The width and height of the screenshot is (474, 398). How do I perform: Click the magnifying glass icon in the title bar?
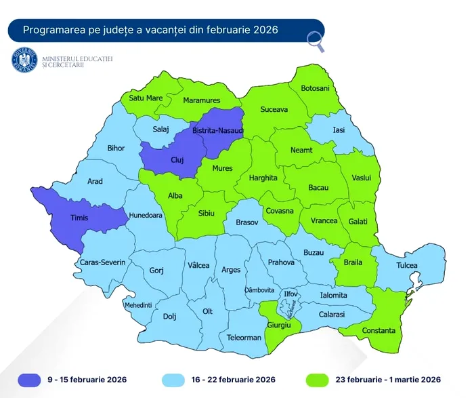point(315,41)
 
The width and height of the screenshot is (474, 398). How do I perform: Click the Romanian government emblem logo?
point(24,60)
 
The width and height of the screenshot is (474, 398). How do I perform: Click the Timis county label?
point(84,218)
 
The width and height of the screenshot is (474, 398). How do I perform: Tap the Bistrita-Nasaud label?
point(217,130)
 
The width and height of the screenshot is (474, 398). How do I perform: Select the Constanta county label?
point(379,330)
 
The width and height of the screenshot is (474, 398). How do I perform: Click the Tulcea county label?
point(407,265)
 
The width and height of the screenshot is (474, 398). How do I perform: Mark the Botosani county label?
point(315,89)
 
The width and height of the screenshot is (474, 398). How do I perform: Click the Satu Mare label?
point(146,98)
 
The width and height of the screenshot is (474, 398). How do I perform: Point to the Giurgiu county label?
point(284,326)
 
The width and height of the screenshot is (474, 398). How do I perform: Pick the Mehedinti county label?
point(138,305)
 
